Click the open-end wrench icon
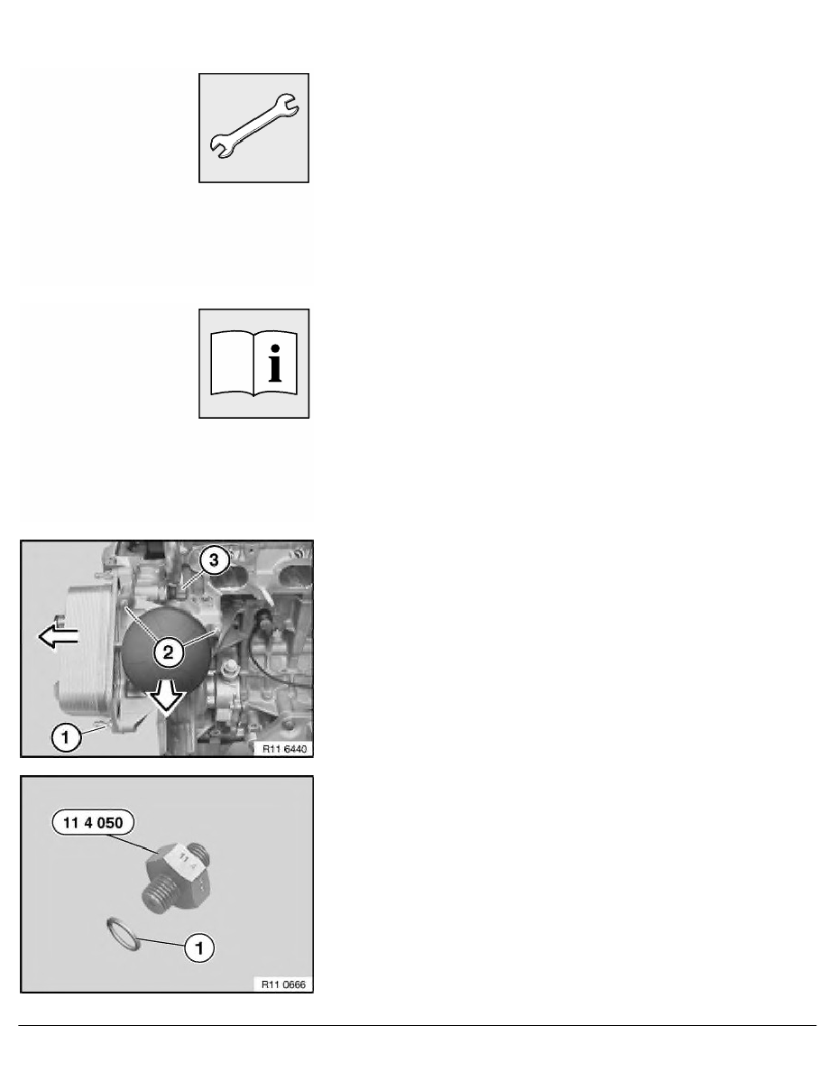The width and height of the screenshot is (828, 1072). click(253, 126)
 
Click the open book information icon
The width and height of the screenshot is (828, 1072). click(253, 363)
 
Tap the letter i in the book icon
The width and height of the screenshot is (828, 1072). click(274, 363)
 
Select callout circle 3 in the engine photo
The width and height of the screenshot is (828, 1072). click(214, 560)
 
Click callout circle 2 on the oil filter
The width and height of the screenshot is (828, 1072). click(168, 652)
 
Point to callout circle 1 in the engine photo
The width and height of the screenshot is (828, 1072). click(66, 738)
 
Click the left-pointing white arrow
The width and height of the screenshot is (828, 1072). click(58, 636)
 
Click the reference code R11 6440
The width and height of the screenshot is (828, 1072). click(284, 749)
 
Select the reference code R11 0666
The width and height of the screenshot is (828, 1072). click(284, 984)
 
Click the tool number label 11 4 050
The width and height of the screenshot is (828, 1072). click(93, 822)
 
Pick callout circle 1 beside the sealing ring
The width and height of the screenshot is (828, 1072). click(199, 947)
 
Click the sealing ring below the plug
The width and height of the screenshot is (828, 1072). click(124, 935)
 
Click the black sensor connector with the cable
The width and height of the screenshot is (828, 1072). click(262, 621)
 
